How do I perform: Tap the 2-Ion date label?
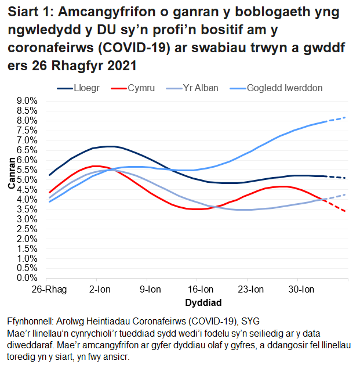point(100,290)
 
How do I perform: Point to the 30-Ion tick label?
point(301,290)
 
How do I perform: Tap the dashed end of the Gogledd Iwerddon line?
point(337,119)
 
